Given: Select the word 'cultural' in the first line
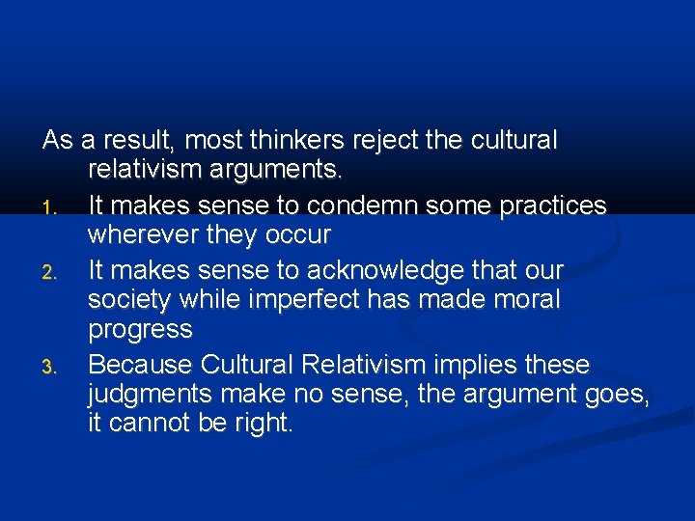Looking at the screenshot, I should point(514,141).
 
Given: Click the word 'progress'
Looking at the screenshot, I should point(140,330).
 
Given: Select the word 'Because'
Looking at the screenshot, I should point(140,365).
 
